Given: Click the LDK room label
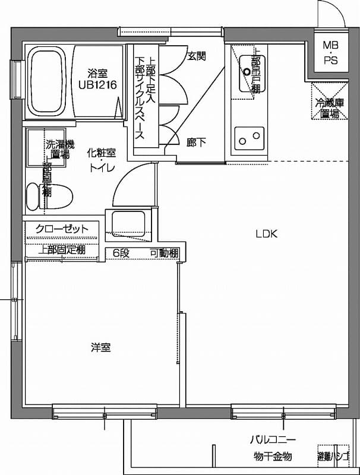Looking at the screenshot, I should point(267,233).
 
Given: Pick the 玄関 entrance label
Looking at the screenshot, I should point(197,56).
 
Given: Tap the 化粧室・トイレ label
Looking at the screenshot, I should point(102,159).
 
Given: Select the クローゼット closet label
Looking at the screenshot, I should point(62,229).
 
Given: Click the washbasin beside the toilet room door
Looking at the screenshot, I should point(125,224).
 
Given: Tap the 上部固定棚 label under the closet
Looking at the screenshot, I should point(62,249).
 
